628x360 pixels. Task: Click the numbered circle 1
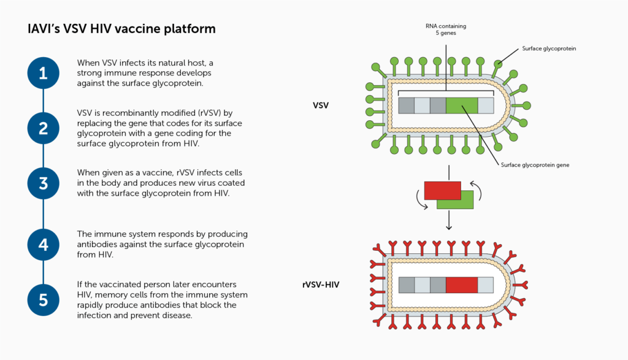pyautogui.click(x=44, y=73)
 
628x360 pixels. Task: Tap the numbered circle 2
pyautogui.click(x=44, y=128)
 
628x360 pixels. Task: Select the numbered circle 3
pyautogui.click(x=44, y=183)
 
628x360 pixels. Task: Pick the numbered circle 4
pyautogui.click(x=44, y=245)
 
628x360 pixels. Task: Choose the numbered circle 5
pyautogui.click(x=44, y=300)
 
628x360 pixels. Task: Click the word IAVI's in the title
pyautogui.click(x=44, y=29)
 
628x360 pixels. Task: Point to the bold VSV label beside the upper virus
pyautogui.click(x=320, y=105)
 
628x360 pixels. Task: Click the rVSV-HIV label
pyautogui.click(x=321, y=285)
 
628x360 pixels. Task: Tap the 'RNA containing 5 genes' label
pyautogui.click(x=446, y=29)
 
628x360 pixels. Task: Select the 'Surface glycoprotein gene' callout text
pyautogui.click(x=535, y=165)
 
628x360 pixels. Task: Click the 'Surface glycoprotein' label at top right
pyautogui.click(x=549, y=48)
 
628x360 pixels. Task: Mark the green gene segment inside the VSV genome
pyautogui.click(x=462, y=105)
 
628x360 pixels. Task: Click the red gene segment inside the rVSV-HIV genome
pyautogui.click(x=462, y=285)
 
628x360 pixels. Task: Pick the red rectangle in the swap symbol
pyautogui.click(x=443, y=190)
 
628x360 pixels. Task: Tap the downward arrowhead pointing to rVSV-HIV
pyautogui.click(x=449, y=227)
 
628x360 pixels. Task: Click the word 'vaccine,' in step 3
pyautogui.click(x=159, y=173)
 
